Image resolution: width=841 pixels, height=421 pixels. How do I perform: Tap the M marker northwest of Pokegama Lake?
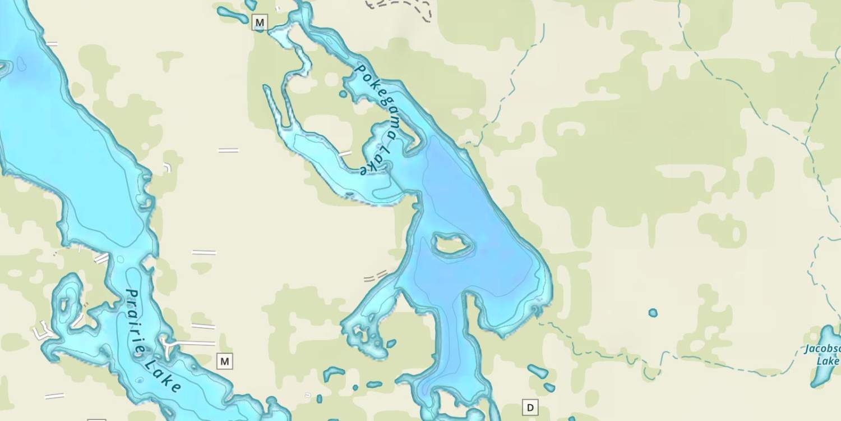[259, 22]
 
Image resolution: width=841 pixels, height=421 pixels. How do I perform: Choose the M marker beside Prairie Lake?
[225, 361]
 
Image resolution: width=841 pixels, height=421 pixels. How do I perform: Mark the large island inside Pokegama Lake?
[451, 244]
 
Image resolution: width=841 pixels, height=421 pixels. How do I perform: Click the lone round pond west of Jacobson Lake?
[653, 313]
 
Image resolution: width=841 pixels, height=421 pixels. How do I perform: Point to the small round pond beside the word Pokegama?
[343, 94]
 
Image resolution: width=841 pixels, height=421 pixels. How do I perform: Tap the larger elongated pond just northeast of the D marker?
[538, 371]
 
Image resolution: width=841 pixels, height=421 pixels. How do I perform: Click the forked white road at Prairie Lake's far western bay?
[42, 332]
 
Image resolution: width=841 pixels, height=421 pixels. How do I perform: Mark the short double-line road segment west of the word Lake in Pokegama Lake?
[345, 153]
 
